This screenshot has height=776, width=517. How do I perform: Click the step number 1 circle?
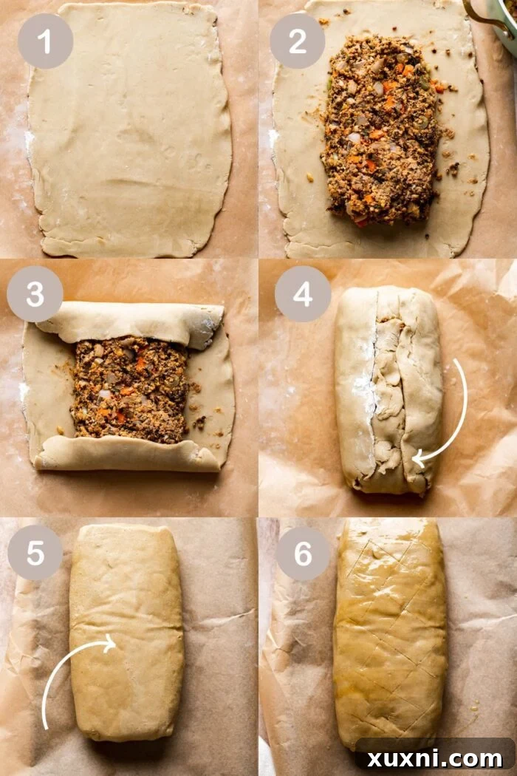click(45, 41)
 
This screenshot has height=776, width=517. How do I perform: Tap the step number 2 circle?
click(297, 41)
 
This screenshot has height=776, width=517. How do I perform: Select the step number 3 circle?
click(35, 293)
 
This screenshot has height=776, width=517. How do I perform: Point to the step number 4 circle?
click(302, 293)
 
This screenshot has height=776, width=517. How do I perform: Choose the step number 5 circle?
click(35, 552)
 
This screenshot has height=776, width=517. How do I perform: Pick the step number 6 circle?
click(303, 552)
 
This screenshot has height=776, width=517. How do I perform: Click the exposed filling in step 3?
click(129, 388)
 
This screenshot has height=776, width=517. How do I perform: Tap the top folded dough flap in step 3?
click(129, 321)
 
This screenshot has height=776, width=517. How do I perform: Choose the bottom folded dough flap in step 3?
click(129, 452)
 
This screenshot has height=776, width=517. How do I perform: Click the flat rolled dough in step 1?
click(129, 129)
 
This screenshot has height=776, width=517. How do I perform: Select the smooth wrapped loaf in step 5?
click(127, 632)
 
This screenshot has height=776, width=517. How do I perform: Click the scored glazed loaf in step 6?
click(389, 632)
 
